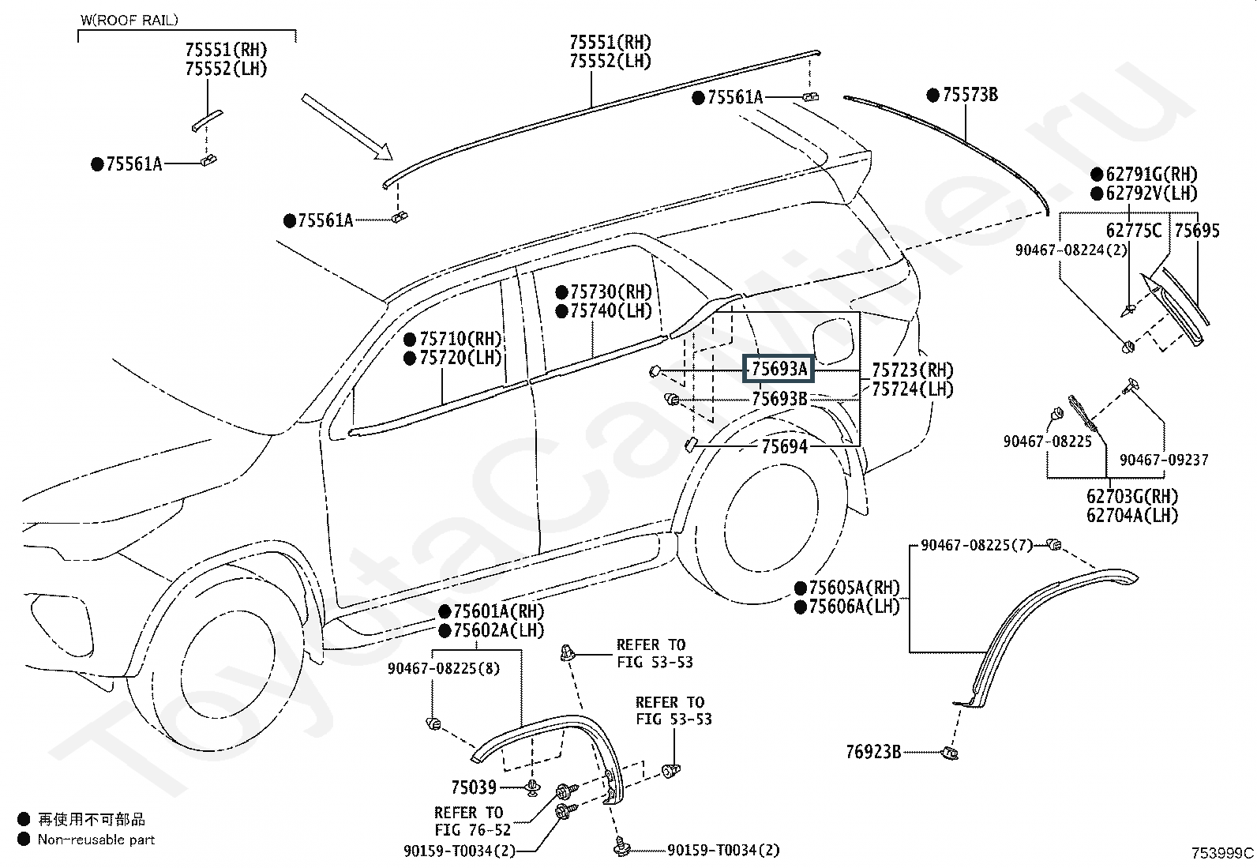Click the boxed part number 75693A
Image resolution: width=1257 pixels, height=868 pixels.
tap(779, 369)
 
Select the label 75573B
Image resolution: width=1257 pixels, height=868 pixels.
tap(970, 95)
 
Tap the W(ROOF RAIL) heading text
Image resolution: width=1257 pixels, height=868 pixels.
tap(129, 21)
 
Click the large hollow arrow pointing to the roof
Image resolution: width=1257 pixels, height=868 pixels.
tap(347, 127)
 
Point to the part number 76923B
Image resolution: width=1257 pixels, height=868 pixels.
tap(873, 752)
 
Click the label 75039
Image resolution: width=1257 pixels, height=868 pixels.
tap(474, 787)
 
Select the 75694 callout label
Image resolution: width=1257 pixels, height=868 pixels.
tap(785, 446)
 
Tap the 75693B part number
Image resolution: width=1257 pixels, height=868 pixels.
tap(779, 399)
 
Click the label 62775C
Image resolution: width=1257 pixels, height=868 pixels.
tap(1134, 230)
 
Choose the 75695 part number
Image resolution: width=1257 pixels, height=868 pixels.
tap(1197, 230)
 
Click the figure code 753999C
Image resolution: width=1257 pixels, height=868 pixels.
tap(1222, 854)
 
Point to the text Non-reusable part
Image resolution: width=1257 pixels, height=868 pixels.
tap(96, 840)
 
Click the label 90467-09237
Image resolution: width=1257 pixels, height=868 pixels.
tap(1164, 460)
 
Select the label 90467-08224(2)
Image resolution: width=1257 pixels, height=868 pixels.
tap(1071, 250)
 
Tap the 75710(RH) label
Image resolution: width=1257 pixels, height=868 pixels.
tap(460, 339)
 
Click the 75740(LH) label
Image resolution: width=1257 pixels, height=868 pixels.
tap(611, 310)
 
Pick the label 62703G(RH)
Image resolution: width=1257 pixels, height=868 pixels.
tap(1132, 496)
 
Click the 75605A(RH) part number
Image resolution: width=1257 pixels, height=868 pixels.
tap(854, 588)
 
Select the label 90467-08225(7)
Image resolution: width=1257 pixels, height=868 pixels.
tap(977, 545)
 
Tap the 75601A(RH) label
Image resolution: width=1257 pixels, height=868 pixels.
tap(499, 611)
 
